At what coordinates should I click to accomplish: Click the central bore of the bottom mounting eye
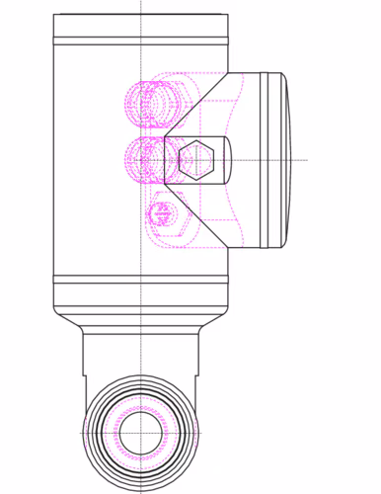(x=141, y=432)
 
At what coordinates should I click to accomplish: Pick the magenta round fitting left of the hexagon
(x=144, y=157)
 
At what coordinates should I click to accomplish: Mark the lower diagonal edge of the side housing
(x=197, y=212)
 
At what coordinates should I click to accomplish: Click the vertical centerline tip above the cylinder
(x=141, y=5)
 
